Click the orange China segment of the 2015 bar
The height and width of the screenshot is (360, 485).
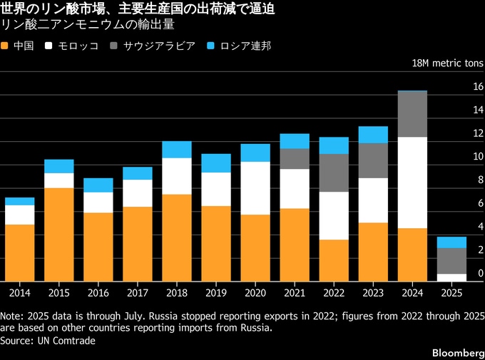[58, 234]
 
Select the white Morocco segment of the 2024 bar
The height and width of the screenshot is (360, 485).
[412, 182]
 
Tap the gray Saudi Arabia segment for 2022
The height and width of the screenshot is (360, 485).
[334, 173]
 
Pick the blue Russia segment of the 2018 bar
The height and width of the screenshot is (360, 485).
[176, 149]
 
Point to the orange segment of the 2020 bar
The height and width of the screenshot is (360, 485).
[255, 247]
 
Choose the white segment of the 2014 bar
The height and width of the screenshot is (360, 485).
[19, 215]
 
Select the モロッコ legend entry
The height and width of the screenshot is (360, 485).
[68, 46]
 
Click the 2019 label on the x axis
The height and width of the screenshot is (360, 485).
[215, 292]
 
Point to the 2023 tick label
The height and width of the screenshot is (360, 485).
[373, 292]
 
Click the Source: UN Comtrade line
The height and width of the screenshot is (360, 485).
[48, 341]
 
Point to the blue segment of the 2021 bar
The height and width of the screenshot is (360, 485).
[295, 140]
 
